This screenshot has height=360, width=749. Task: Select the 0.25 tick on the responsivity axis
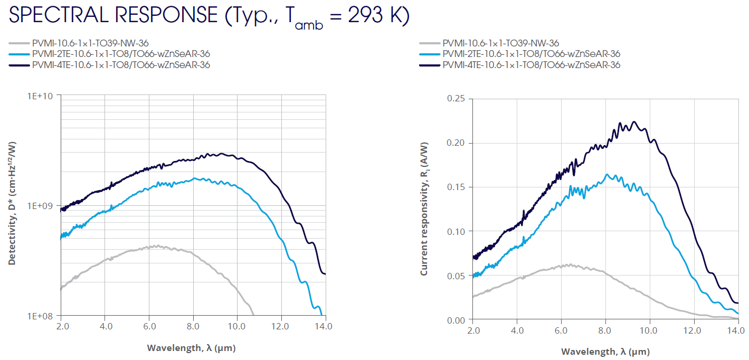pos(456,99)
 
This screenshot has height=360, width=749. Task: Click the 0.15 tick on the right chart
pos(456,187)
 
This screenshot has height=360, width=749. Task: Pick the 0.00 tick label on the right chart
pos(456,320)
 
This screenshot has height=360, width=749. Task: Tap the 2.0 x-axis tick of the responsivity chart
pos(473,331)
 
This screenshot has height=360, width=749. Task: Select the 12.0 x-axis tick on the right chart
pos(692,331)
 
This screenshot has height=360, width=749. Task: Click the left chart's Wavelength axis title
pos(191,347)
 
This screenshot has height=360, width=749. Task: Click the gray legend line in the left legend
pos(18,43)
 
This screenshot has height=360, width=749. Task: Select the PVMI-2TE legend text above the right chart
pos(531,54)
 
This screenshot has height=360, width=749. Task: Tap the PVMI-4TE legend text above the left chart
pos(121,65)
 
